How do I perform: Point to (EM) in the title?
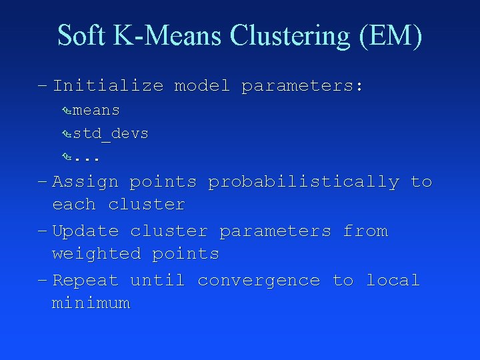[391, 36]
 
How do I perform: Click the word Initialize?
[107, 86]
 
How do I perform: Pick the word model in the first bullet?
[201, 86]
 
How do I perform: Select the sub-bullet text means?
[96, 110]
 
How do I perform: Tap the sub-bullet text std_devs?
[111, 134]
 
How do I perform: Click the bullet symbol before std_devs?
[66, 134]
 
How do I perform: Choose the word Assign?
[85, 182]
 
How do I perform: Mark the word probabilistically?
[303, 182]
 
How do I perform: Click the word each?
[74, 205]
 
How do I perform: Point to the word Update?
[85, 231]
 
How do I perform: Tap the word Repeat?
[85, 281]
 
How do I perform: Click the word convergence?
[259, 281]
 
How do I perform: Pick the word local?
[393, 281]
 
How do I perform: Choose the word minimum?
[91, 303]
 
